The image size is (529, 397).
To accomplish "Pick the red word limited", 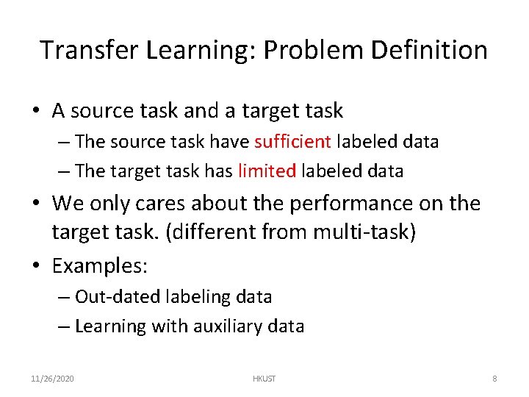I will [267, 171].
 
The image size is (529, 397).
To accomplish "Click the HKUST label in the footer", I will [264, 379].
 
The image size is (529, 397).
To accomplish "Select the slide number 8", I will [494, 379].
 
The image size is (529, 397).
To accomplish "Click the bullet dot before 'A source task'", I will [35, 111].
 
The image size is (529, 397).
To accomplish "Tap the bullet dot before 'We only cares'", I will [35, 204].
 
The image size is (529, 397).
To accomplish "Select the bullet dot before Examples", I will [35, 265].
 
